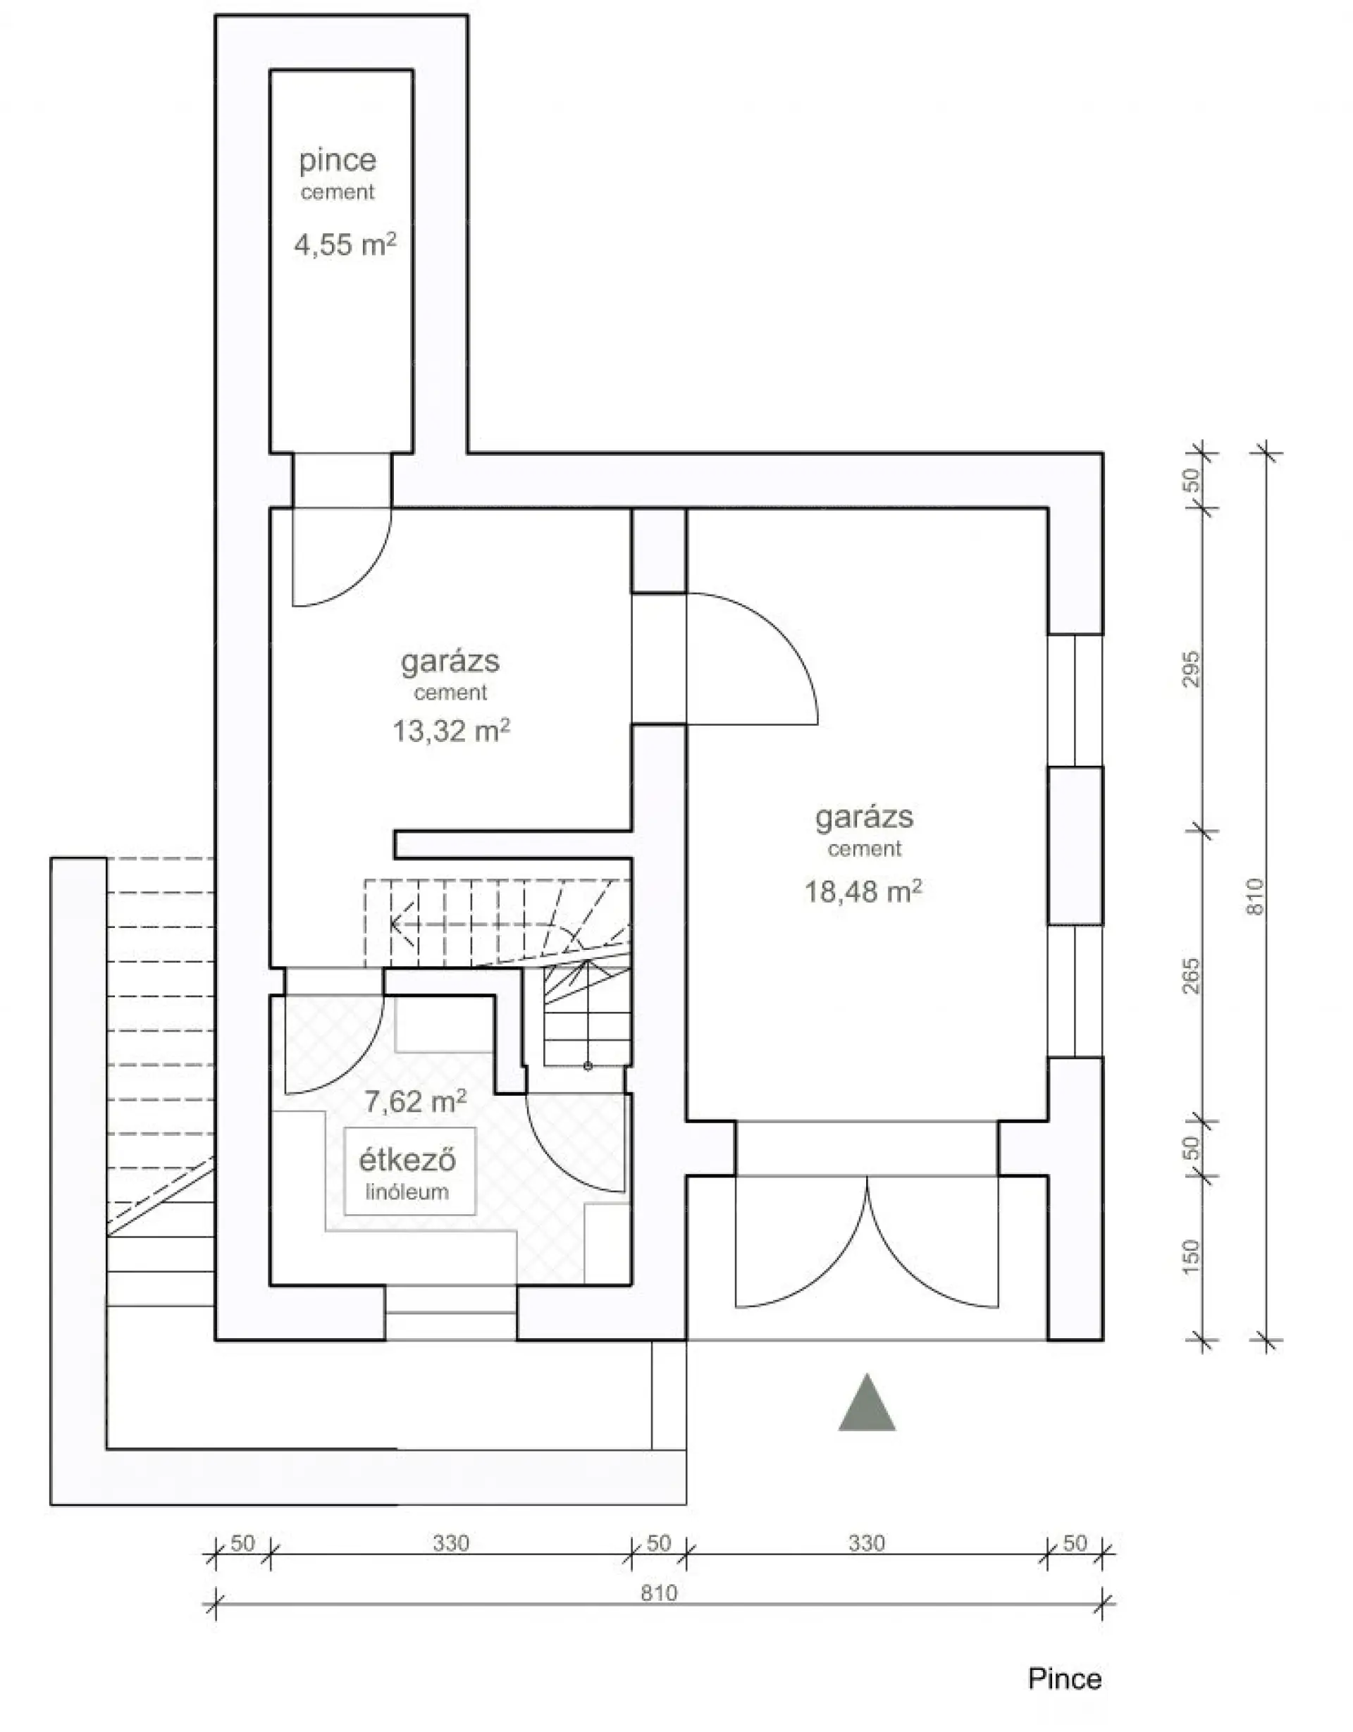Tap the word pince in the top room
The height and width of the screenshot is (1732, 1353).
tap(338, 161)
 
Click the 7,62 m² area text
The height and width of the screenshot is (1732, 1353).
tap(415, 1101)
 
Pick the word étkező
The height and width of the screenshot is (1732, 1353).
tap(407, 1161)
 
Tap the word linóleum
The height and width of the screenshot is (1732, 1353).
tap(407, 1192)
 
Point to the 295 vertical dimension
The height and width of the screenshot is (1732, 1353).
tap(1191, 669)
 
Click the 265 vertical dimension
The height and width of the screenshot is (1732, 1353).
tap(1191, 976)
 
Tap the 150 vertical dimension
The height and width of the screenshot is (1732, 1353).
tap(1191, 1257)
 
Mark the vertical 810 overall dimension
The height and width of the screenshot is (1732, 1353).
tap(1256, 897)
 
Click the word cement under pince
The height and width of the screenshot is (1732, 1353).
tap(338, 192)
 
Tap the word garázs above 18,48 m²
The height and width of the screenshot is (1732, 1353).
tap(865, 817)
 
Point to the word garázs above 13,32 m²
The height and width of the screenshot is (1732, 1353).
tap(450, 662)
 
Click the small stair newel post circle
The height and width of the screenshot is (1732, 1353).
tap(588, 1067)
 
